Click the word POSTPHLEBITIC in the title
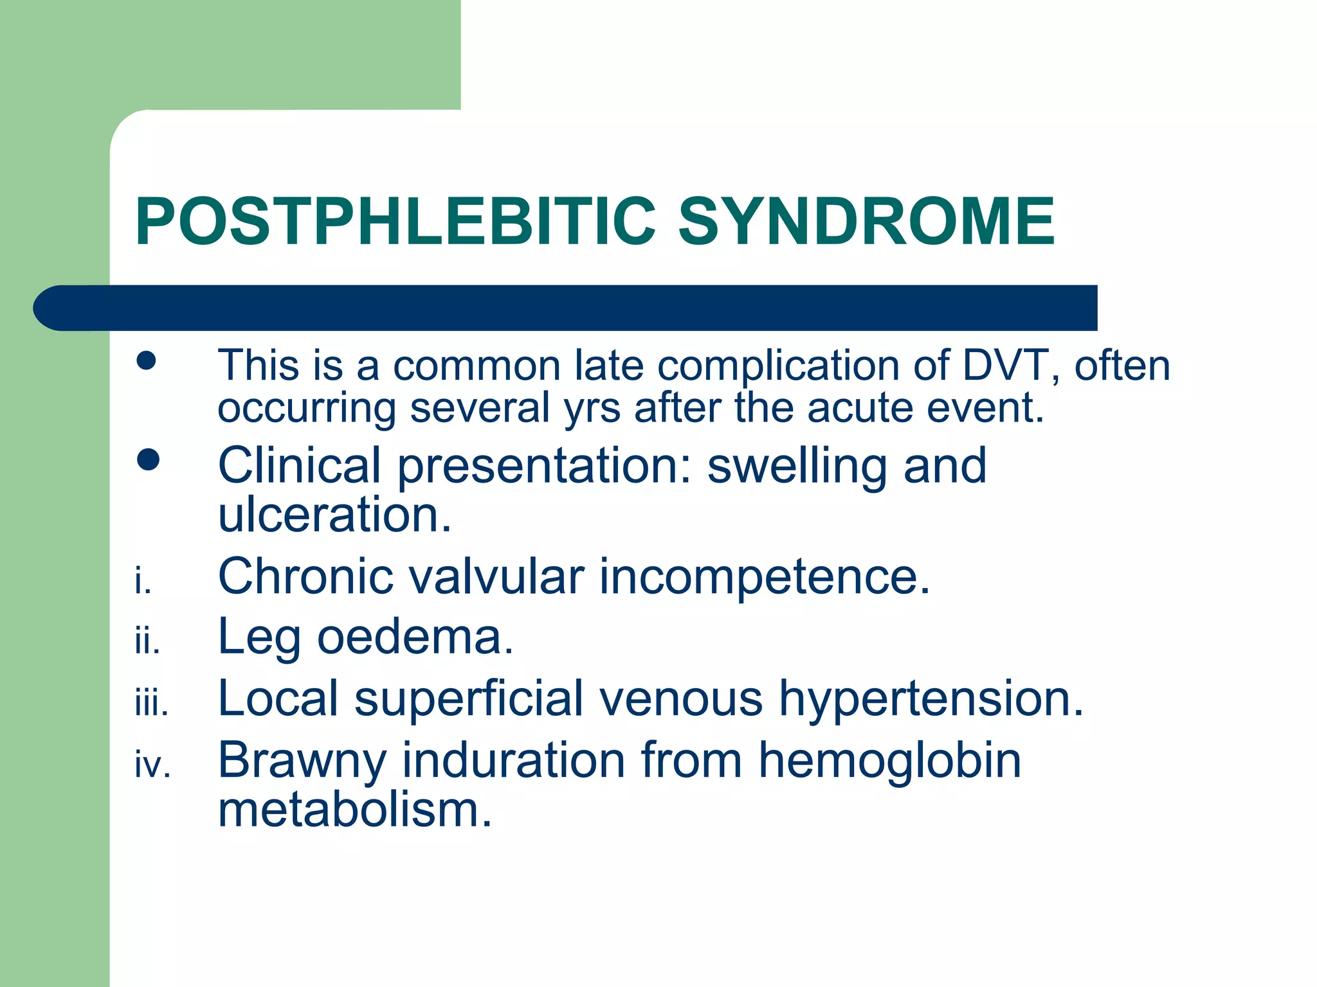click(x=395, y=222)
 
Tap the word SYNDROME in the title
click(x=866, y=222)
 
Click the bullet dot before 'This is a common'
click(x=147, y=360)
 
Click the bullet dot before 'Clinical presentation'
click(x=148, y=459)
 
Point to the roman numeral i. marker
click(x=143, y=582)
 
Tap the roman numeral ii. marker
click(x=147, y=642)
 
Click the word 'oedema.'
click(x=415, y=637)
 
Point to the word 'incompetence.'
click(x=765, y=576)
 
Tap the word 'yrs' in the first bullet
click(x=592, y=408)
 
